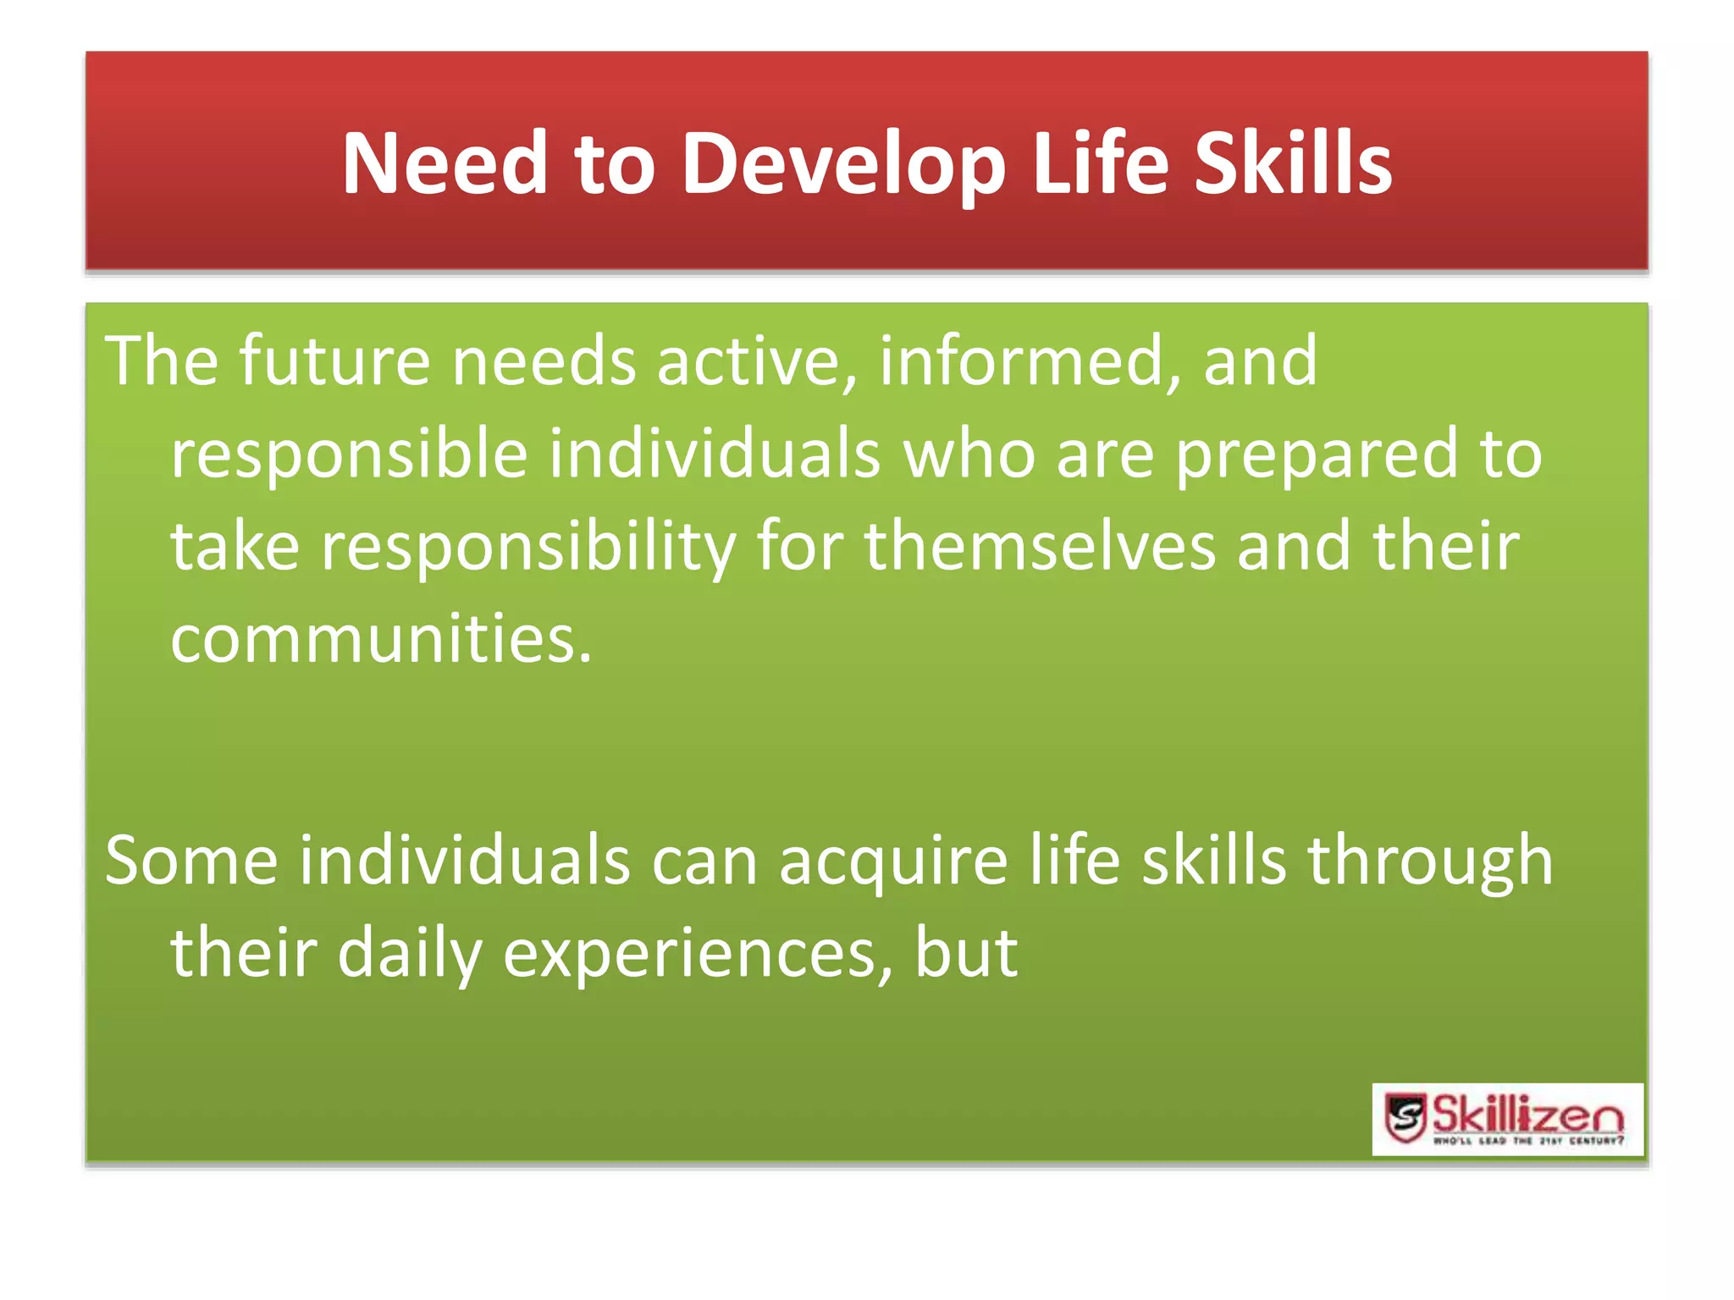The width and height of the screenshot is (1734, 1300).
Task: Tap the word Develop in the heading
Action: coord(843,165)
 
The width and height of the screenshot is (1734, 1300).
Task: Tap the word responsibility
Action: coord(528,548)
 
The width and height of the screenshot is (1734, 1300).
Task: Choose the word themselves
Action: coord(1040,547)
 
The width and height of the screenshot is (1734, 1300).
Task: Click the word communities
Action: coord(380,639)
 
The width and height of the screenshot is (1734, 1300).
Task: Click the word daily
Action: coord(409,955)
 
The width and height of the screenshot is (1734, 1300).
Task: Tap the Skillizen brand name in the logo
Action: coord(1527,1114)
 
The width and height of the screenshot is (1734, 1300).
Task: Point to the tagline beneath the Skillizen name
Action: coord(1527,1141)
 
